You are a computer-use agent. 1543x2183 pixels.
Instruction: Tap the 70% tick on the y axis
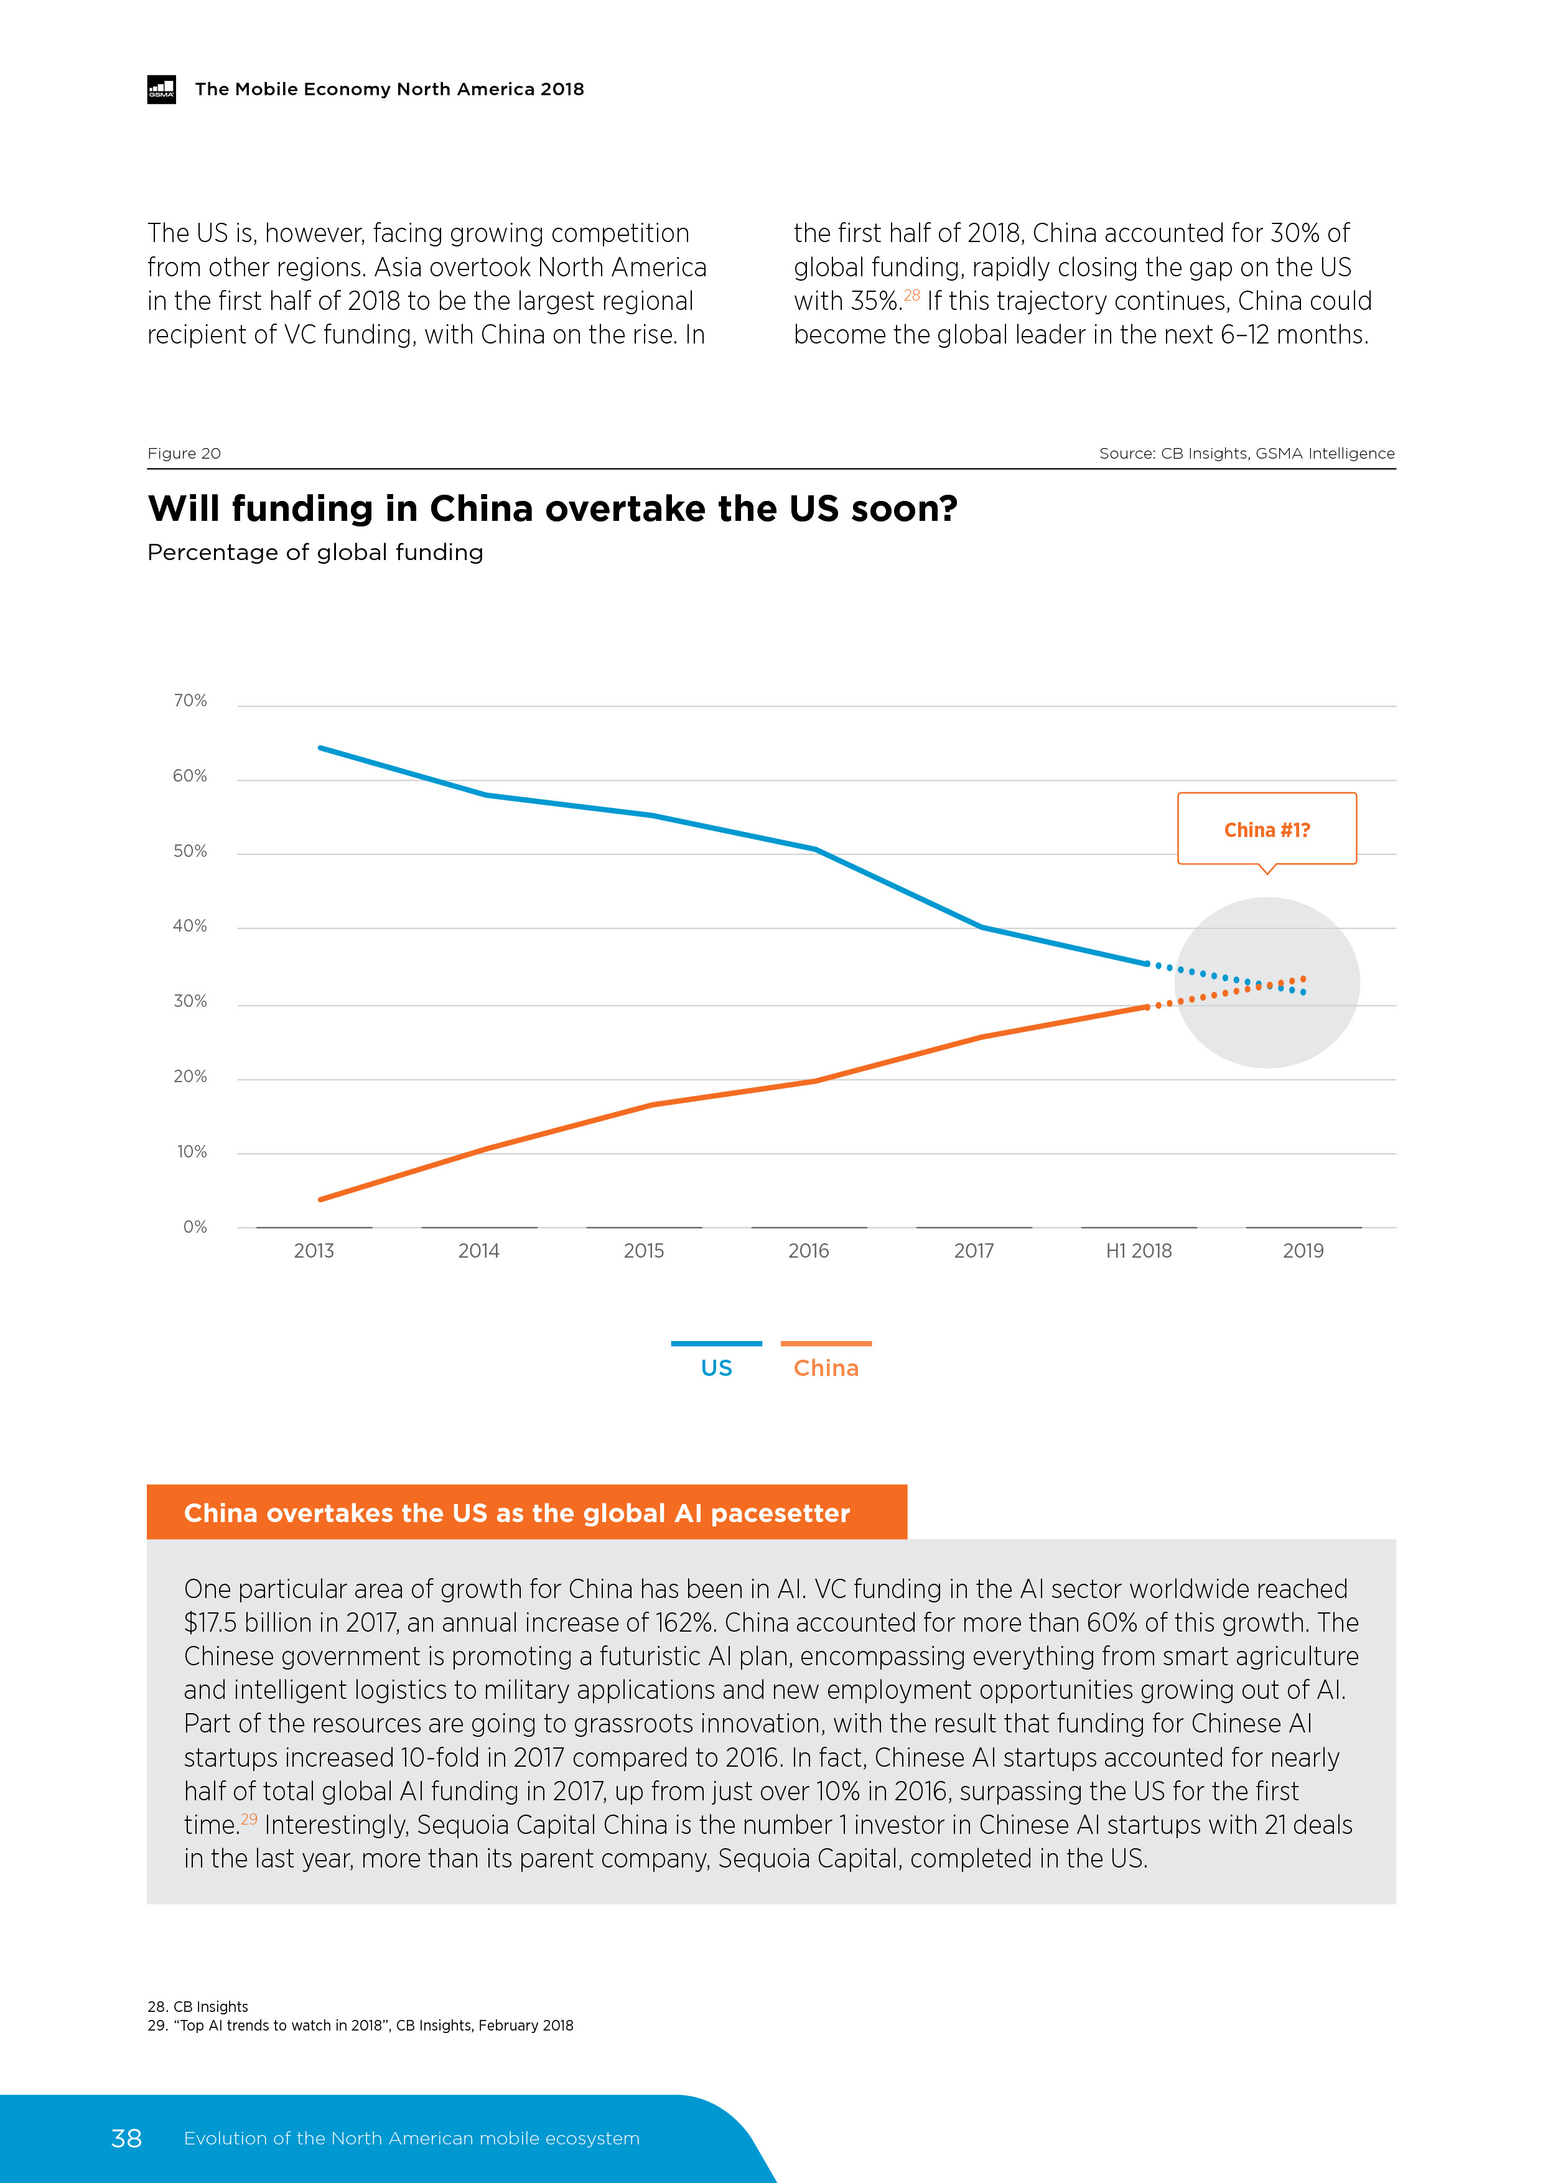coord(190,701)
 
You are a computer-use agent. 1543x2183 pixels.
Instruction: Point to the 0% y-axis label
coord(195,1227)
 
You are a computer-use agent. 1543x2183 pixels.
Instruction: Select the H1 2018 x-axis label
coord(1138,1251)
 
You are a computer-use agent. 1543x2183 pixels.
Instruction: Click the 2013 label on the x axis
coord(314,1251)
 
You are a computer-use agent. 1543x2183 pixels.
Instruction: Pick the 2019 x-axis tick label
coord(1302,1251)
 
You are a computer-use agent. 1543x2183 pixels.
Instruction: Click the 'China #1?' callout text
coord(1266,830)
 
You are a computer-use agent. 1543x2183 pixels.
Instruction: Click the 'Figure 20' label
coord(184,454)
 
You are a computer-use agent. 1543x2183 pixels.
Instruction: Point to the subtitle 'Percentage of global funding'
coord(315,553)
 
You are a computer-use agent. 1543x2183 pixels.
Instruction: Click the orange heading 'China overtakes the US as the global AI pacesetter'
coord(516,1513)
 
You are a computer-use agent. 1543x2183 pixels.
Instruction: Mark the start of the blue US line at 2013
coord(320,748)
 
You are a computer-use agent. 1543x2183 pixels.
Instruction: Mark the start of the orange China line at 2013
coord(320,1199)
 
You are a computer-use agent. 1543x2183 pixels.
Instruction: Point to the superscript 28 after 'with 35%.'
coord(911,295)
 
